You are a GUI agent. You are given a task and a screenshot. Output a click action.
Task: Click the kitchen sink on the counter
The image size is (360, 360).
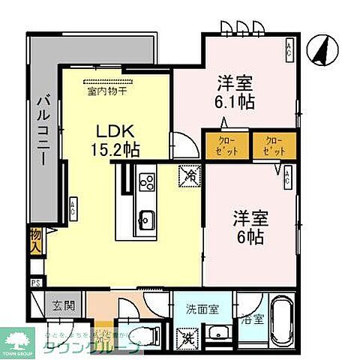[x=146, y=220]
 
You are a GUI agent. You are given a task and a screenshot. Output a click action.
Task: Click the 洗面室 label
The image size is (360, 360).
[x=202, y=307]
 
